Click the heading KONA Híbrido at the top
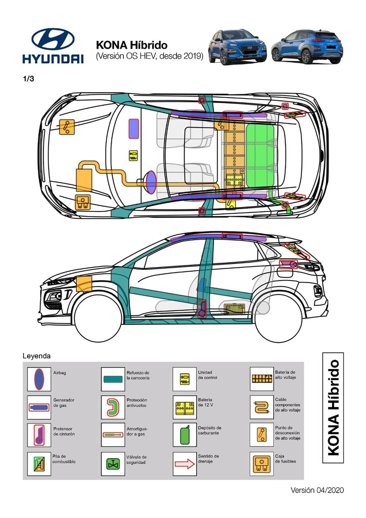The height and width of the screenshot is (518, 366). (131, 45)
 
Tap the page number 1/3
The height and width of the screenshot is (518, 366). (28, 79)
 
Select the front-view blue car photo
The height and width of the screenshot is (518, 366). (237, 47)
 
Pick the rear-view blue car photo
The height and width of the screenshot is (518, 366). (307, 47)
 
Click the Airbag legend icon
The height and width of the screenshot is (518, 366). (39, 379)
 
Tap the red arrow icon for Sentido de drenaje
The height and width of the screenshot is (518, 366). (185, 464)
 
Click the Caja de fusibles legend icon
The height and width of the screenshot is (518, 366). (261, 464)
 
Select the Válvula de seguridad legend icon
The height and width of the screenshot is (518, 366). (113, 464)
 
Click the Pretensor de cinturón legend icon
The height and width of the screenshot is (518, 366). (39, 435)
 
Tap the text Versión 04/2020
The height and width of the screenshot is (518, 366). (317, 490)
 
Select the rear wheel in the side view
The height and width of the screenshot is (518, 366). (279, 318)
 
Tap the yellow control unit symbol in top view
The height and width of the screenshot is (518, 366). (133, 155)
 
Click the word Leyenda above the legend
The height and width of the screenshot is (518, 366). (36, 356)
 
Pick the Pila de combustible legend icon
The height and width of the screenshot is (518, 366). (39, 464)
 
